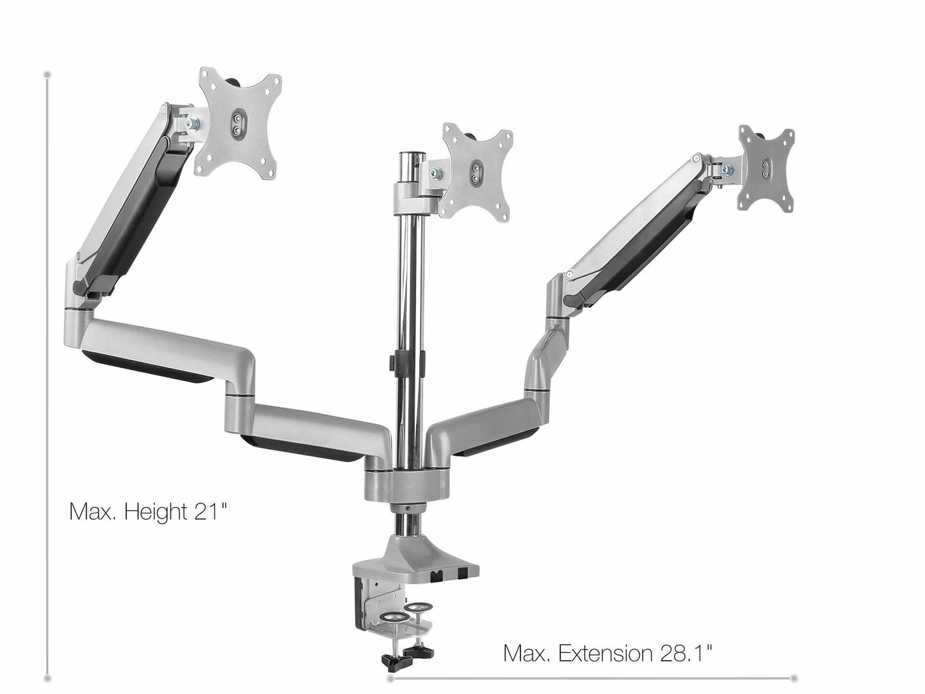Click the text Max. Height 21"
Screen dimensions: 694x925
148,512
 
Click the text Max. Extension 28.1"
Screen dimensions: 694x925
607,653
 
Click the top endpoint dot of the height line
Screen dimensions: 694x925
47,74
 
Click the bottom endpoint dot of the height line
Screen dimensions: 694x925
47,677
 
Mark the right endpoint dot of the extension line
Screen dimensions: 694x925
794,677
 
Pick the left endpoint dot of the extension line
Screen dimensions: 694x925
389,677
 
